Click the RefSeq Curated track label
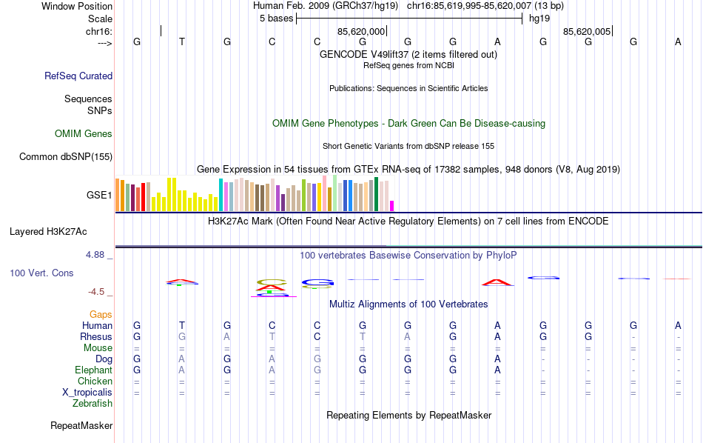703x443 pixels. click(x=78, y=76)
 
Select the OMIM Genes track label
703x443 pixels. click(x=84, y=134)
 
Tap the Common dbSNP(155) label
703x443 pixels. click(x=66, y=156)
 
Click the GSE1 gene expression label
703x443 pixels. click(x=99, y=196)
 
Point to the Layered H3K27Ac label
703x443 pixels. click(x=61, y=231)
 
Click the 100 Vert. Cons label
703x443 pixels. click(x=41, y=273)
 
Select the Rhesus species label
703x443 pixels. click(x=96, y=336)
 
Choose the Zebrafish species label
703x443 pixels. click(x=92, y=404)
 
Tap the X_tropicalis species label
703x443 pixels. click(x=87, y=393)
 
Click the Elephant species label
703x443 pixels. click(x=93, y=370)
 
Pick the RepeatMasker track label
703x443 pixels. click(x=81, y=426)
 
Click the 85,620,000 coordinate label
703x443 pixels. click(x=361, y=32)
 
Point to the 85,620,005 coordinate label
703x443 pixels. click(x=587, y=32)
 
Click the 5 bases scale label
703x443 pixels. click(x=275, y=19)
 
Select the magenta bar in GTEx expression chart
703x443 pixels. click(x=392, y=206)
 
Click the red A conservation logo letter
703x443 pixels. click(x=497, y=282)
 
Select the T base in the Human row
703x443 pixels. click(x=182, y=325)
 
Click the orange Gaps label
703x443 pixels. click(x=101, y=315)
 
